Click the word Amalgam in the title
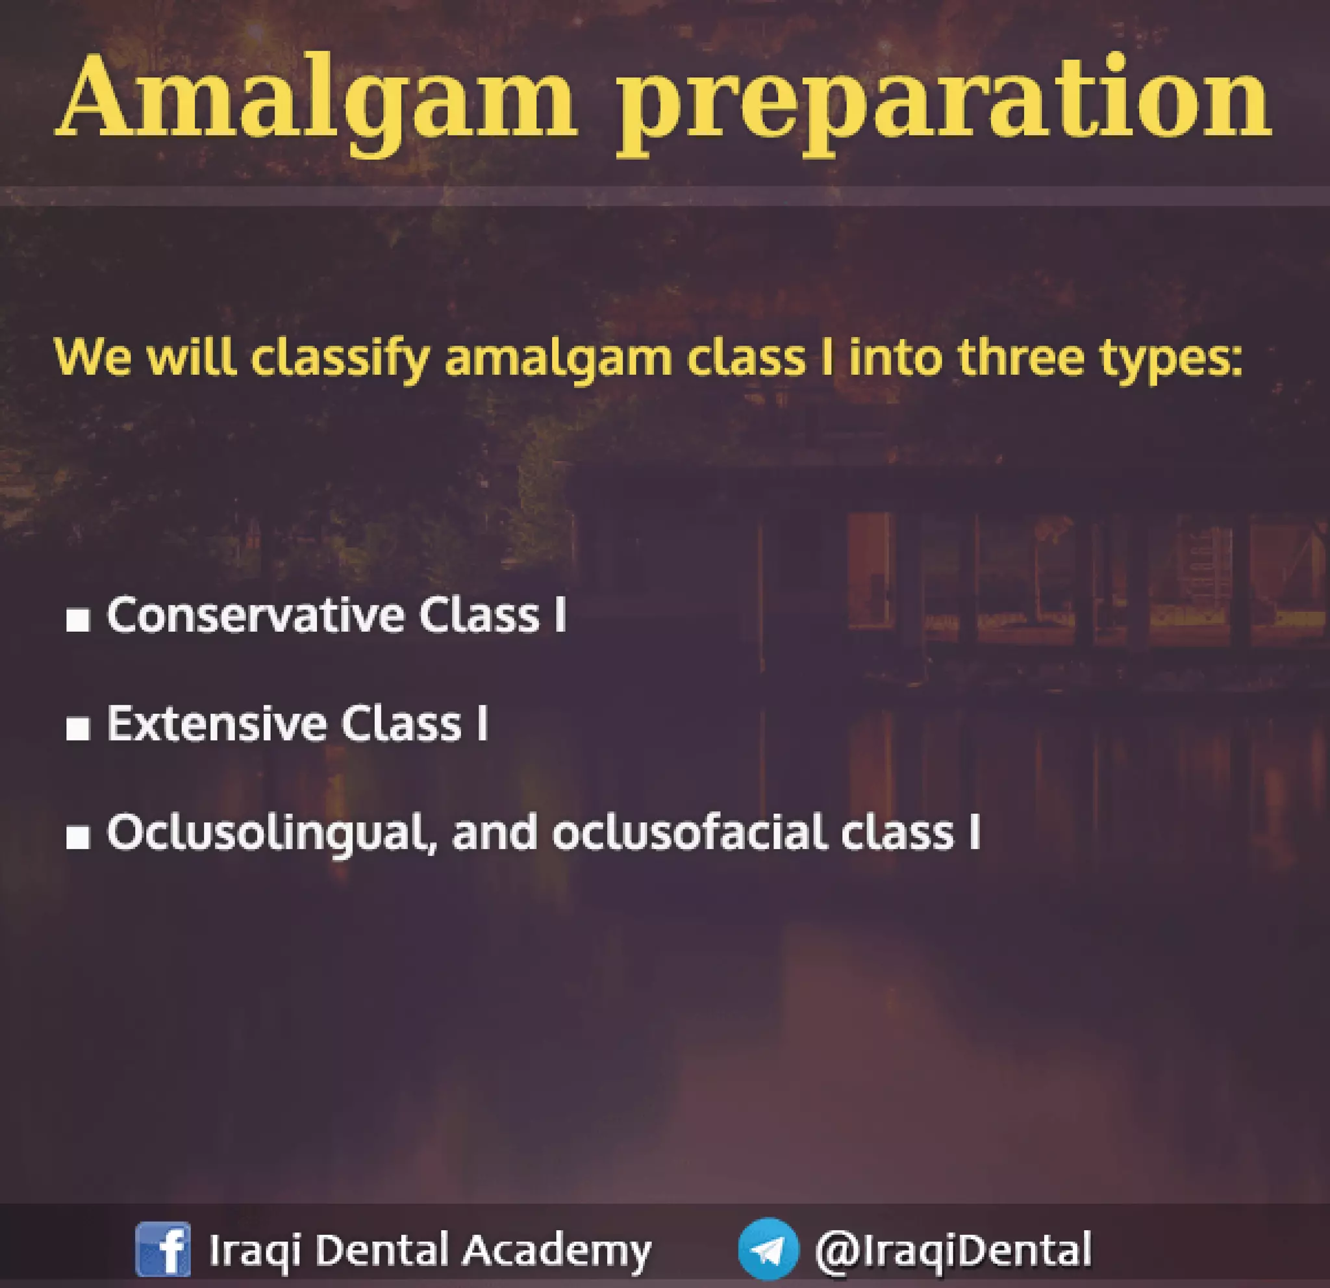point(316,102)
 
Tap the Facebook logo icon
point(163,1249)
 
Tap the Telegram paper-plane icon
point(768,1249)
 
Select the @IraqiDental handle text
point(953,1249)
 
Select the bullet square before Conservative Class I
point(78,620)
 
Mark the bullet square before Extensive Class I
point(78,729)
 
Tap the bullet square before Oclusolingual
point(78,837)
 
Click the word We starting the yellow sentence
point(92,357)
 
